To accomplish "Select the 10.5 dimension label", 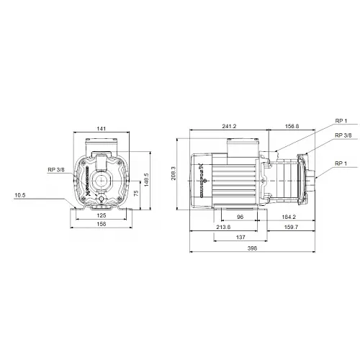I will (x=19, y=195).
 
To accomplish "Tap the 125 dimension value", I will (x=102, y=215).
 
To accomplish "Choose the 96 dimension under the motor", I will (x=241, y=216).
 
